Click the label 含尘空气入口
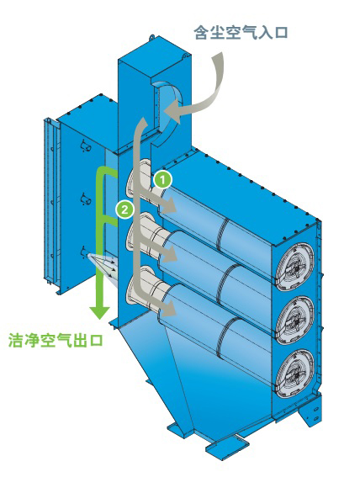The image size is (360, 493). (x=241, y=33)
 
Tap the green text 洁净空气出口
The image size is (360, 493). (x=56, y=340)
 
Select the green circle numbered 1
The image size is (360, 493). (x=162, y=180)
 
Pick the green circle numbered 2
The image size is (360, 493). (x=124, y=209)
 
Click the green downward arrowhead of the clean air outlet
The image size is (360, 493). (x=99, y=312)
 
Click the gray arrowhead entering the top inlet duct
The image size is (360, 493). (x=172, y=112)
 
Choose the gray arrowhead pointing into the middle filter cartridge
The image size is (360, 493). (x=167, y=253)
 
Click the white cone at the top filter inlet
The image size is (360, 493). (x=140, y=182)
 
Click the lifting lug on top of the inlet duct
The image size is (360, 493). (x=152, y=37)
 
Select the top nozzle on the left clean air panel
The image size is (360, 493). (x=86, y=146)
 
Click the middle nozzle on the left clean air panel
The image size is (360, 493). (x=86, y=199)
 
